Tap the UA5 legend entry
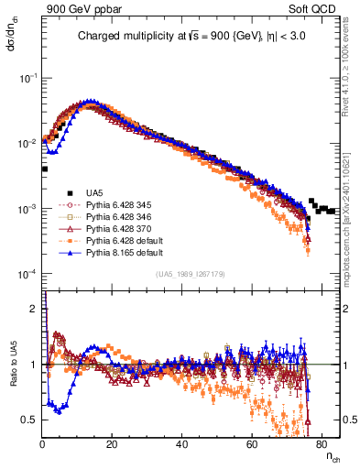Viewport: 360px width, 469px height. pyautogui.click(x=93, y=191)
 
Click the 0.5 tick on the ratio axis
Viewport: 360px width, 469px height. pyautogui.click(x=32, y=419)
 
